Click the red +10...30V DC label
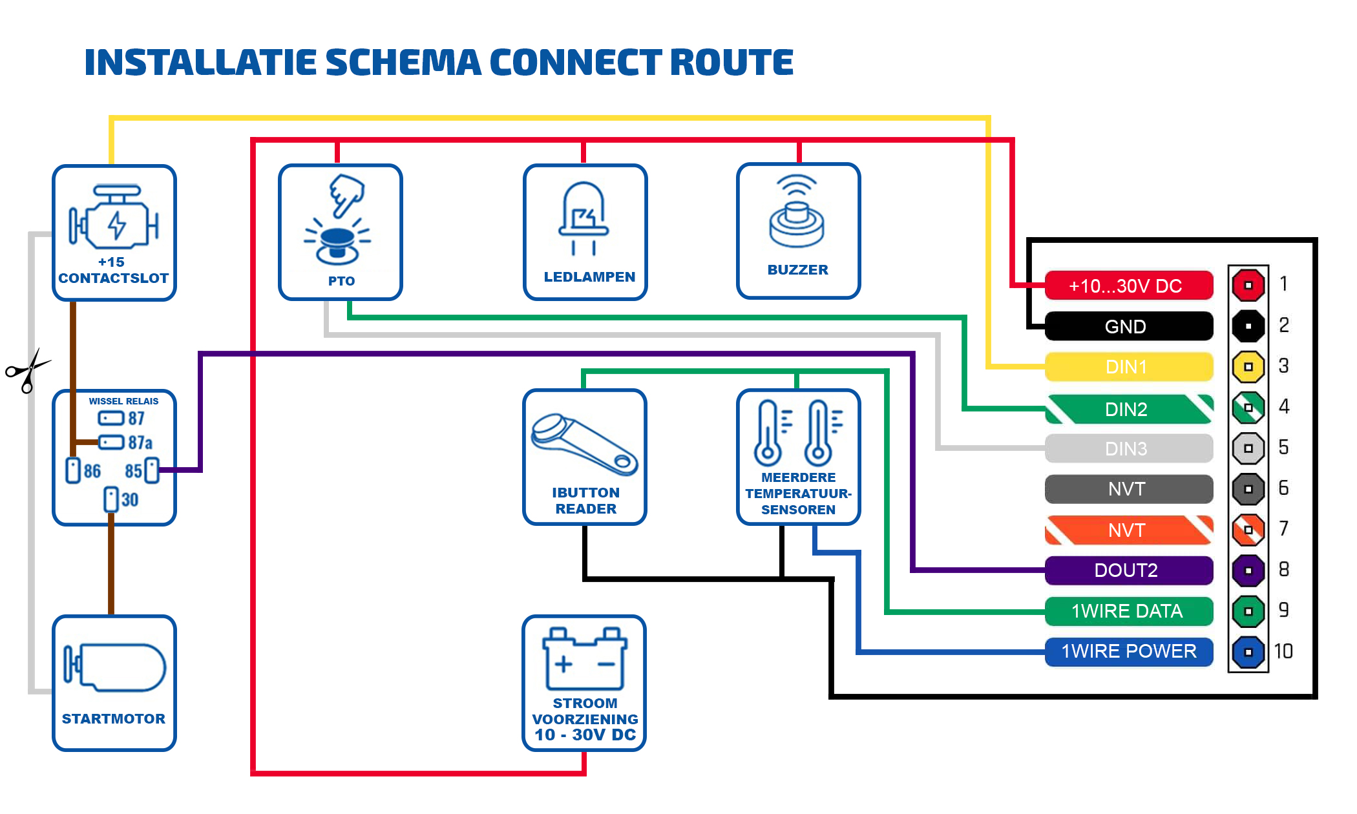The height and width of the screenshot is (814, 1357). [x=1128, y=286]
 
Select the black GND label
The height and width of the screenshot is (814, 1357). [x=1128, y=326]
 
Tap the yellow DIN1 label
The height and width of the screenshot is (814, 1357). [x=1128, y=367]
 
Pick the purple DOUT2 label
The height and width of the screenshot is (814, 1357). [x=1128, y=570]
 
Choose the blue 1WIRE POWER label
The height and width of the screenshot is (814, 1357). [x=1128, y=651]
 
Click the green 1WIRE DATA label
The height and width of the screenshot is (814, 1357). [x=1128, y=611]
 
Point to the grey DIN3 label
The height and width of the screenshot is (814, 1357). [x=1128, y=448]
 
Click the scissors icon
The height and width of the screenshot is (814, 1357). [x=27, y=371]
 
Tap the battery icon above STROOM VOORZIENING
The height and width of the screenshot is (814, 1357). [x=585, y=659]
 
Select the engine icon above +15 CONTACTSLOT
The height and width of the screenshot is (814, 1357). [x=114, y=218]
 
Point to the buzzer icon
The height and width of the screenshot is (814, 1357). [x=797, y=213]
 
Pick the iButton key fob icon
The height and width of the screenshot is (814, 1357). [x=584, y=445]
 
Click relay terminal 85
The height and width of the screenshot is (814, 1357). [x=151, y=470]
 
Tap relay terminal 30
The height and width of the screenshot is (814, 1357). [x=111, y=499]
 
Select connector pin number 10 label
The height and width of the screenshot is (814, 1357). [x=1283, y=651]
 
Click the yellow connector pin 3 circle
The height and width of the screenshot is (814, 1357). [x=1248, y=367]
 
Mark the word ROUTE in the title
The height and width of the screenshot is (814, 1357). [x=731, y=63]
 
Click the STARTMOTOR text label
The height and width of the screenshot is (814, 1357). [x=114, y=718]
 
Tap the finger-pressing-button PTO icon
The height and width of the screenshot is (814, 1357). [x=339, y=220]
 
